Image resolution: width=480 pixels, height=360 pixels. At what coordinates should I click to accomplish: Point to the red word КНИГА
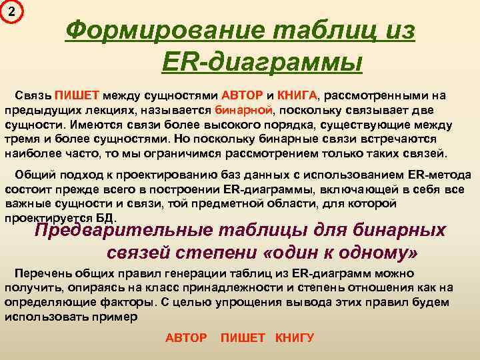click(x=297, y=95)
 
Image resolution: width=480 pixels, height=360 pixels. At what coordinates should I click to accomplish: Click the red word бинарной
click(x=245, y=110)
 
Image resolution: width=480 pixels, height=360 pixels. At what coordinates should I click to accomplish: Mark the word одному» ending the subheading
click(x=374, y=253)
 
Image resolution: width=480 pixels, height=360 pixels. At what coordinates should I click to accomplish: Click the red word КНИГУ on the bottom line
click(x=295, y=338)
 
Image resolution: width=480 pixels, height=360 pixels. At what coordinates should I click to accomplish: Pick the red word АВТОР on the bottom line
click(x=186, y=338)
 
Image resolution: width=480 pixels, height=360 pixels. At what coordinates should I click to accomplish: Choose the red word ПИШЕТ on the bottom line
click(x=243, y=338)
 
